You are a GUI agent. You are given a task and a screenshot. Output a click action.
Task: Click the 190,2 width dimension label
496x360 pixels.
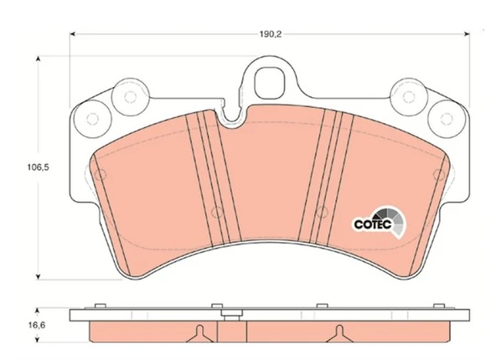tap(271, 33)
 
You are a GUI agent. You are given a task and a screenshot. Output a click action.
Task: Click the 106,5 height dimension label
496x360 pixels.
tap(38, 167)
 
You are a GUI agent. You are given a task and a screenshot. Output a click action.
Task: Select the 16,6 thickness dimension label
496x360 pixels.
tap(37, 325)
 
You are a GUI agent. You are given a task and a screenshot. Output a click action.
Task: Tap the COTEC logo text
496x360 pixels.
tap(373, 224)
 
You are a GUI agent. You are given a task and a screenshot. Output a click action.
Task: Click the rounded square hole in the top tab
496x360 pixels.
tap(268, 84)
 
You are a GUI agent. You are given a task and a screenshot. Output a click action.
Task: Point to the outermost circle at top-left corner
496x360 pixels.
tap(92, 119)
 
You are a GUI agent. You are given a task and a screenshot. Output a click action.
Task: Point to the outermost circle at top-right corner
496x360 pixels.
tap(447, 119)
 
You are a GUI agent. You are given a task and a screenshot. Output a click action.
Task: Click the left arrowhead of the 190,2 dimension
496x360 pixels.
tap(72, 33)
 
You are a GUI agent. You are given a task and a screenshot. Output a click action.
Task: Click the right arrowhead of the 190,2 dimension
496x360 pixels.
tap(467, 33)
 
